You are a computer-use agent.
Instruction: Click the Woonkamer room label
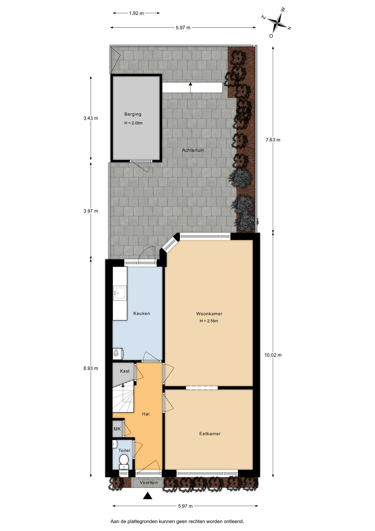click(209, 314)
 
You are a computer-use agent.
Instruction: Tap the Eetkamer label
click(210, 434)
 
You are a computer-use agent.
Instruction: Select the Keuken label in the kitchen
click(142, 313)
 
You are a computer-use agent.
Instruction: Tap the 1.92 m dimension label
click(136, 13)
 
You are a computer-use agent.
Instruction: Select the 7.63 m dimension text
click(273, 140)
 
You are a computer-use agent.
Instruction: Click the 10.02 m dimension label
click(273, 355)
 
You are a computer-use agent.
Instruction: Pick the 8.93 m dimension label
click(91, 368)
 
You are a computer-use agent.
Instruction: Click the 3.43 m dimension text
click(91, 118)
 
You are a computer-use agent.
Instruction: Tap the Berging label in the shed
click(133, 114)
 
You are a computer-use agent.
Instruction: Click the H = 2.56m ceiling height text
click(209, 321)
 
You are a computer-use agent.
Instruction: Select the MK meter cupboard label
click(117, 429)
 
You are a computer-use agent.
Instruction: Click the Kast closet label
click(125, 371)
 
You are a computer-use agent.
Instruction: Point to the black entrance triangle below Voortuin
click(148, 496)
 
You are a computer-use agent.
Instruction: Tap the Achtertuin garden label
click(193, 150)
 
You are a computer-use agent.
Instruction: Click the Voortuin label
click(149, 483)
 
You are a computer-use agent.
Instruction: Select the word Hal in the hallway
click(146, 414)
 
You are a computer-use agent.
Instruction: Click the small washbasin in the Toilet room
click(115, 444)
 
